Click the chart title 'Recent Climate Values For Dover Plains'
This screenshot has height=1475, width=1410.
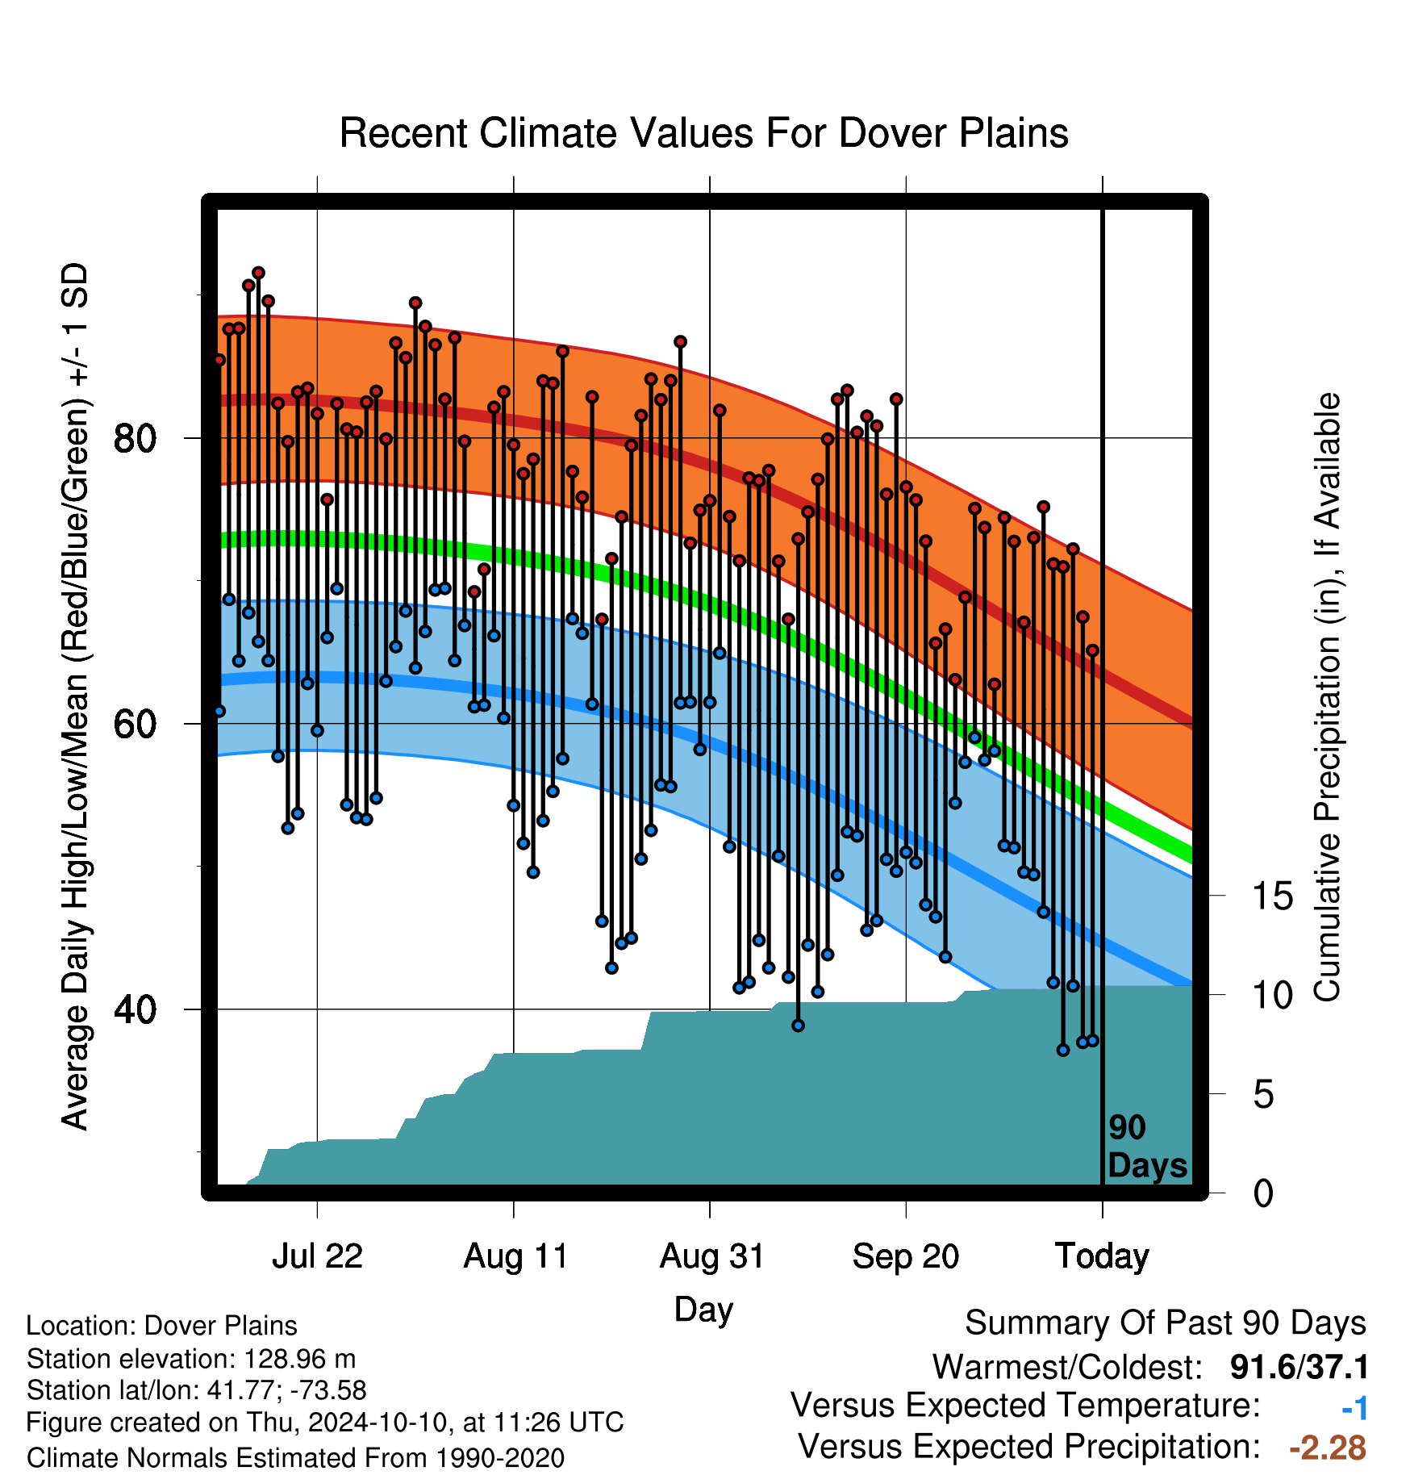(x=703, y=133)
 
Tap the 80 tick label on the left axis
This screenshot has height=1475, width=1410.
(x=135, y=439)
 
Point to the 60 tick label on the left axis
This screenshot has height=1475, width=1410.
(x=135, y=725)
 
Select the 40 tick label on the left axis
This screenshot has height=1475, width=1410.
(x=135, y=1009)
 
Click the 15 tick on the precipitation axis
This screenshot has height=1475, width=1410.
(x=1272, y=896)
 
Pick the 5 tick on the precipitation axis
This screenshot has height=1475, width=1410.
(x=1263, y=1095)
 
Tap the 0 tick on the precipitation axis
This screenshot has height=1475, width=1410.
(x=1263, y=1193)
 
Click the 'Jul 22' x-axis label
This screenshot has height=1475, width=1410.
(x=317, y=1256)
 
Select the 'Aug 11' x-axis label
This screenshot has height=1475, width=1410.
(x=515, y=1256)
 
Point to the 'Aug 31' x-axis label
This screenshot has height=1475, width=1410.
(x=711, y=1256)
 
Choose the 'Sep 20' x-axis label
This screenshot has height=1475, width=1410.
(x=906, y=1256)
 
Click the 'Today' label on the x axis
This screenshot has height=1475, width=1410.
(x=1102, y=1256)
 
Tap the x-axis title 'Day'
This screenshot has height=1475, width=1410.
(x=703, y=1310)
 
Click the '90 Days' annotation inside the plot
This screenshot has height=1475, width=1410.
(x=1147, y=1147)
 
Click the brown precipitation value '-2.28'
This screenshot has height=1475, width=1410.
(x=1328, y=1448)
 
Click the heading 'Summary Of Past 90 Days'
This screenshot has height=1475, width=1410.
(x=1166, y=1323)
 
